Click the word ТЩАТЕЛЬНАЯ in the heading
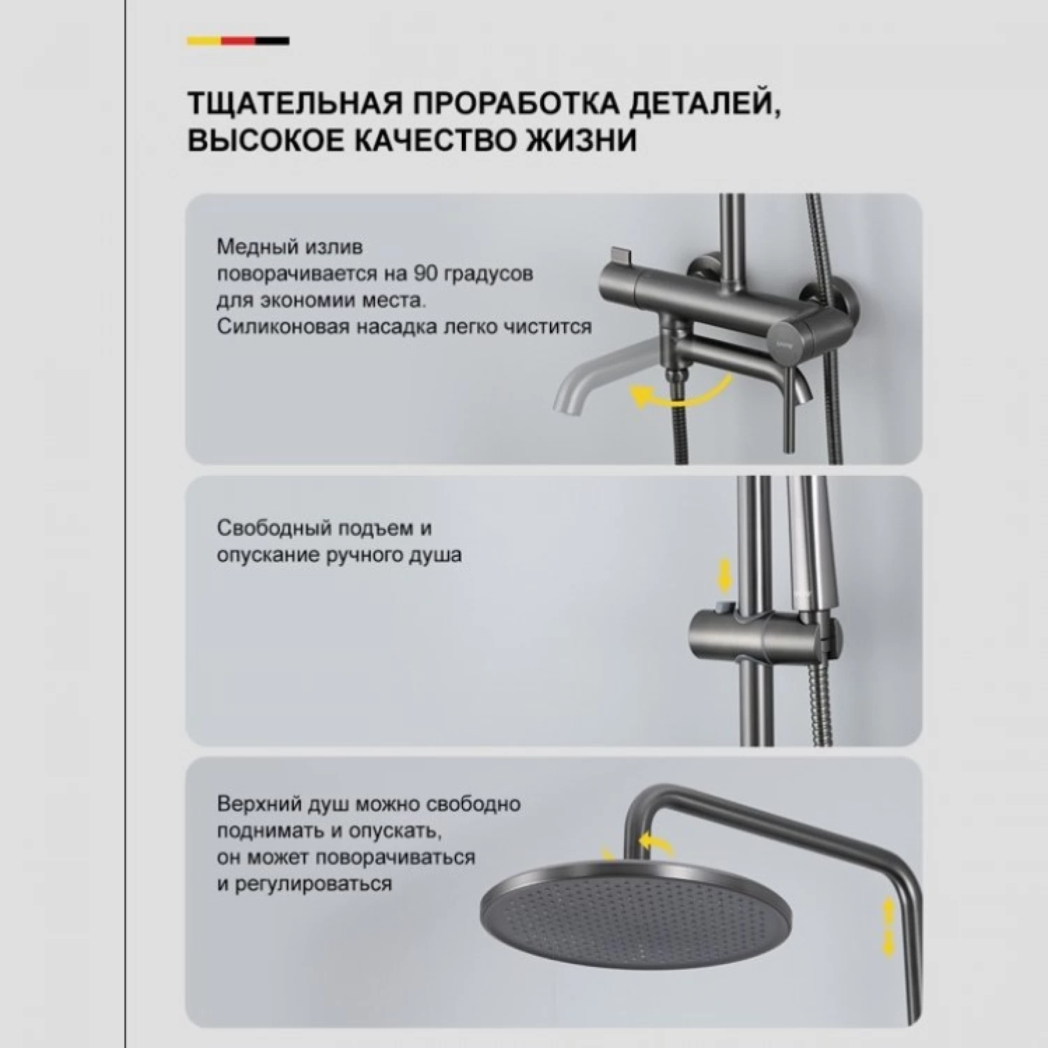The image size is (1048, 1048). coord(295,103)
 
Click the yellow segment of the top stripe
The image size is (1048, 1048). coord(204,41)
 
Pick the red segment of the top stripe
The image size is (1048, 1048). coord(238,41)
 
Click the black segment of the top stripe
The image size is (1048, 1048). coord(272,41)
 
